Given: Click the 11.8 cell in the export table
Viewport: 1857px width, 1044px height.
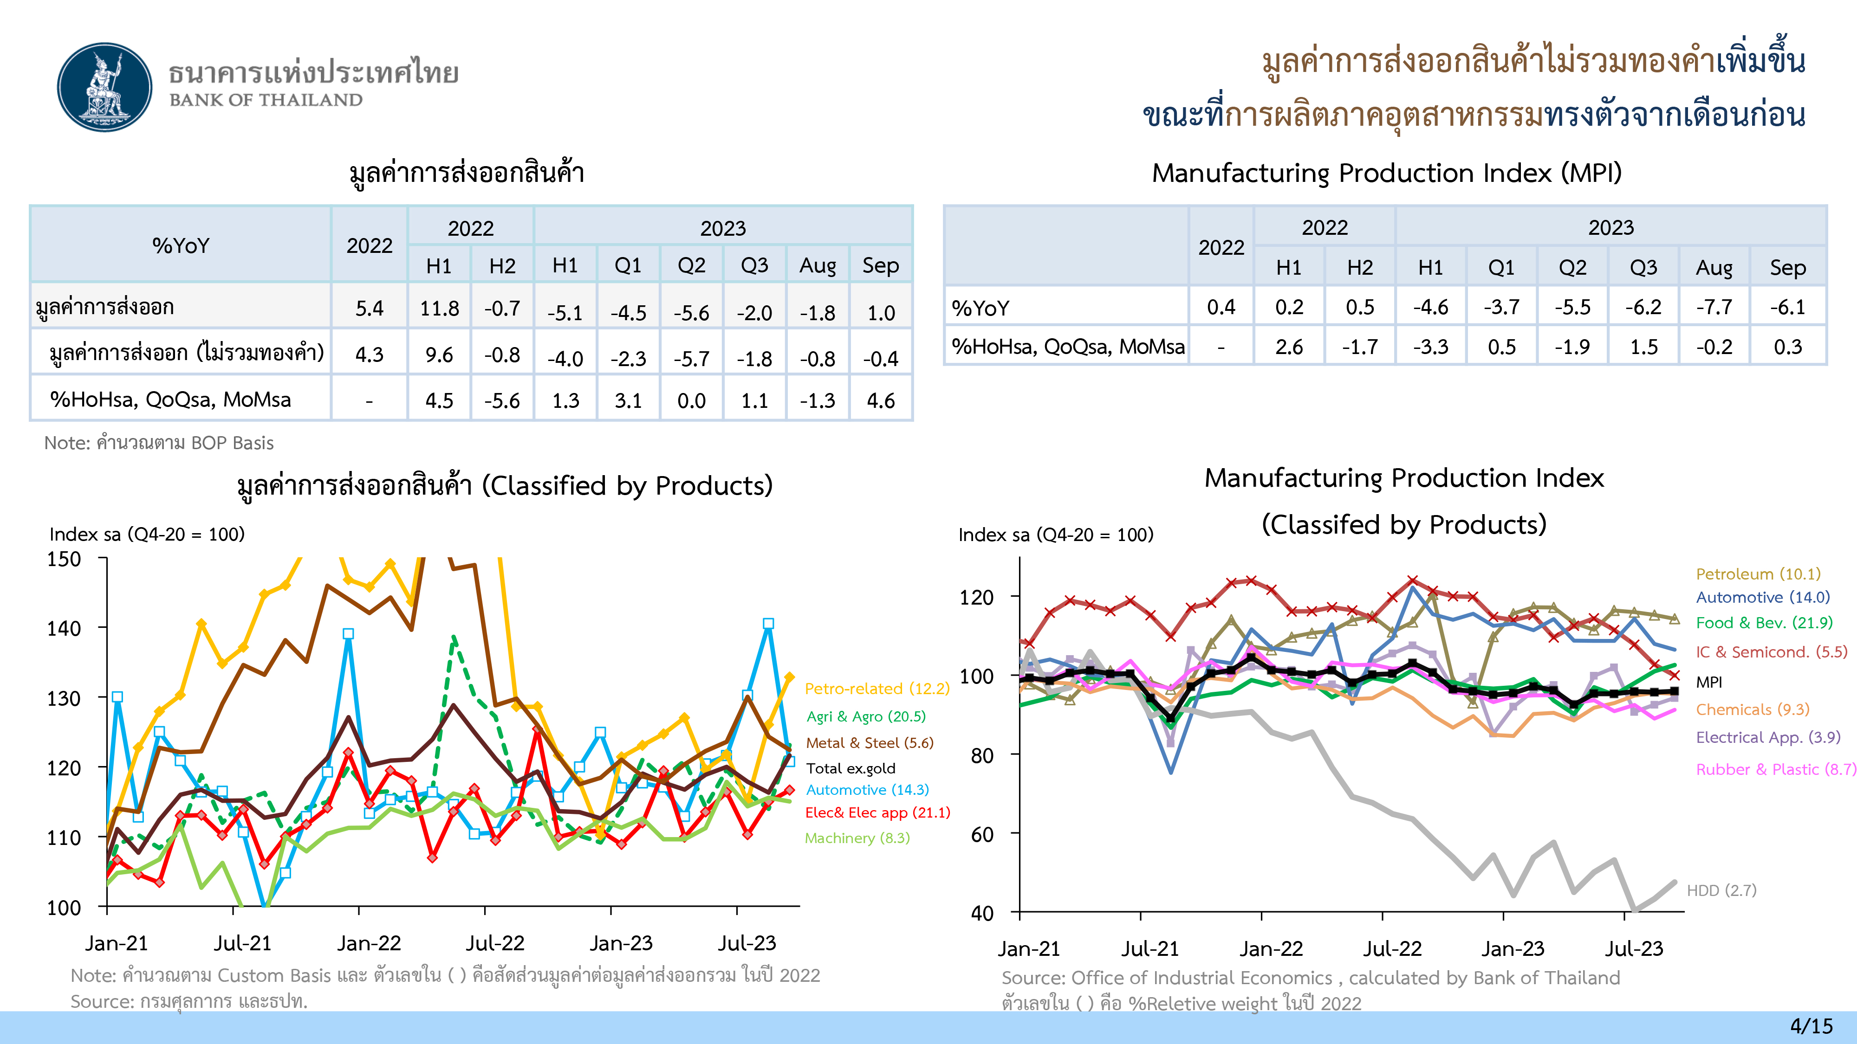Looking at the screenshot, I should [x=439, y=309].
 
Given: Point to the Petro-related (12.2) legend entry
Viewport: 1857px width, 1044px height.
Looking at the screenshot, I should [x=877, y=689].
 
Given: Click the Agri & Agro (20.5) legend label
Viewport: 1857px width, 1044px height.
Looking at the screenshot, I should [x=866, y=716].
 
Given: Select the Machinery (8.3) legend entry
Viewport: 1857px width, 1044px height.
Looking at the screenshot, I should [x=857, y=838].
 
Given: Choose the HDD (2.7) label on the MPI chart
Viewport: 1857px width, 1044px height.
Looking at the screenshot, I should [x=1721, y=890].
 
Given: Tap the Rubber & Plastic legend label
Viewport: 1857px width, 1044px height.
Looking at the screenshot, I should [x=1775, y=769].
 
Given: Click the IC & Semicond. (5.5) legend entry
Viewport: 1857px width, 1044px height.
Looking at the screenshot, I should [x=1771, y=652].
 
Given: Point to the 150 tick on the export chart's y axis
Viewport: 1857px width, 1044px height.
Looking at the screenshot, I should [x=64, y=559].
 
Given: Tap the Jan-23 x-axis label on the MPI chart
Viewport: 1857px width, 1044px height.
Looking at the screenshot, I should [x=1513, y=949].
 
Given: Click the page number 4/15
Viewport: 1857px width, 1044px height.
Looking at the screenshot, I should [x=1811, y=1026].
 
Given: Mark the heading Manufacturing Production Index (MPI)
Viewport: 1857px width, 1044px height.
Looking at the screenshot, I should [x=1386, y=173].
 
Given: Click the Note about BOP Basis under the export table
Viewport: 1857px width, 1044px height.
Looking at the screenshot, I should [x=159, y=443].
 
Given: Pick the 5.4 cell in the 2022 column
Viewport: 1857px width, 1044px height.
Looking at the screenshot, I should [x=369, y=309].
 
